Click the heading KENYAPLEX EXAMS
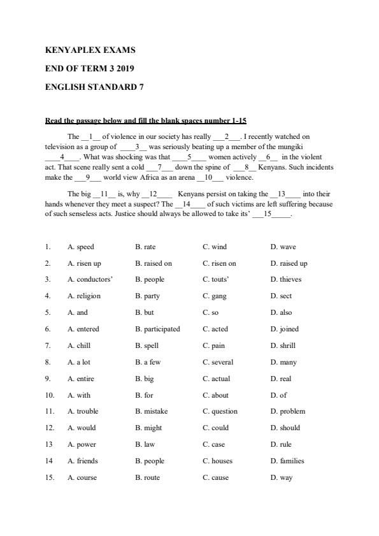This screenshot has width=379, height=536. [x=90, y=50]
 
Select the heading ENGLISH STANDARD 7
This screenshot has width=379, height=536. [x=94, y=87]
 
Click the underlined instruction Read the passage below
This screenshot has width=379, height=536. [x=146, y=120]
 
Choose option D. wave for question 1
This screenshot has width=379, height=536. [x=283, y=247]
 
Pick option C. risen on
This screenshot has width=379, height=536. [x=219, y=263]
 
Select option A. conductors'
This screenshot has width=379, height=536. [x=90, y=279]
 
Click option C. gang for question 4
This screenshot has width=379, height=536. [x=214, y=296]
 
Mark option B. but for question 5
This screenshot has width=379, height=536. [x=145, y=312]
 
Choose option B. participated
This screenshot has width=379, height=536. [x=157, y=329]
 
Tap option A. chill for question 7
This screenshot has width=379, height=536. [x=79, y=345]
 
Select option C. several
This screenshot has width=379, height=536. [x=218, y=362]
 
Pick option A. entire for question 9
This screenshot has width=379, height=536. [x=81, y=379]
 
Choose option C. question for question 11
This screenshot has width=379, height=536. [x=220, y=411]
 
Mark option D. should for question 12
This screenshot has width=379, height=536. [x=285, y=428]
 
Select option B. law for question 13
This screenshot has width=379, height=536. [x=143, y=444]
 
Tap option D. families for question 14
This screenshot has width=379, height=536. [x=287, y=461]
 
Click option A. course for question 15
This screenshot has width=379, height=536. [x=82, y=477]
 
